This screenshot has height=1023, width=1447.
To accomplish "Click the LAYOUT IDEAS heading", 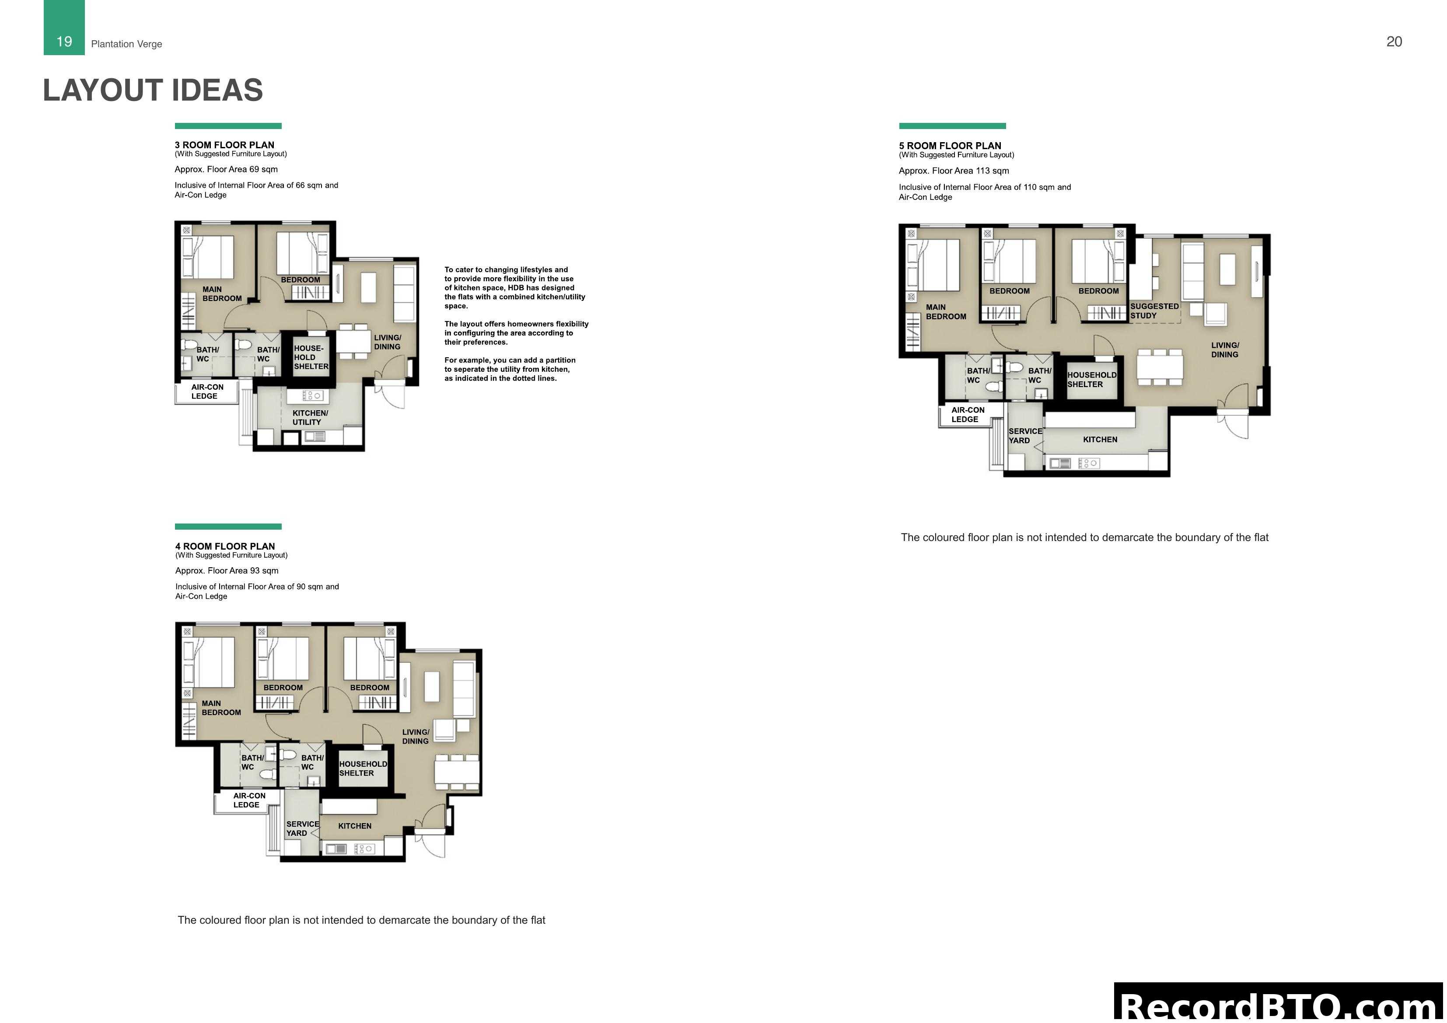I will [x=153, y=90].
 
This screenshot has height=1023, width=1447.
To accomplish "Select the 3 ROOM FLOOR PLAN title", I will [x=224, y=145].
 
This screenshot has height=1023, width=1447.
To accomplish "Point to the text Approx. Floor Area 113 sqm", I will [x=954, y=171].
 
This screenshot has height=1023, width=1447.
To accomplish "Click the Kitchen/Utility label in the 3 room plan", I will [x=310, y=418].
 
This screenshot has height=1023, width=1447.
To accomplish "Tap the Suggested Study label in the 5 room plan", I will [x=1154, y=311].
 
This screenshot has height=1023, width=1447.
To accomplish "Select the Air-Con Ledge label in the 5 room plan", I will [x=968, y=415].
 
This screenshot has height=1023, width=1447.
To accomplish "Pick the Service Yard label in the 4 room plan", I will [x=302, y=828].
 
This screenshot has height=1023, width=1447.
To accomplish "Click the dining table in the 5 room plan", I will [x=1160, y=367].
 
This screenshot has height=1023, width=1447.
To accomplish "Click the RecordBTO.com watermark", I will [x=1279, y=1006].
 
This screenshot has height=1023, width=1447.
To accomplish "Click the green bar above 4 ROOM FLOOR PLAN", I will [x=228, y=526].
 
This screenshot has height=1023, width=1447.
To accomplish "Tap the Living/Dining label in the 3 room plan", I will [x=387, y=342].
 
